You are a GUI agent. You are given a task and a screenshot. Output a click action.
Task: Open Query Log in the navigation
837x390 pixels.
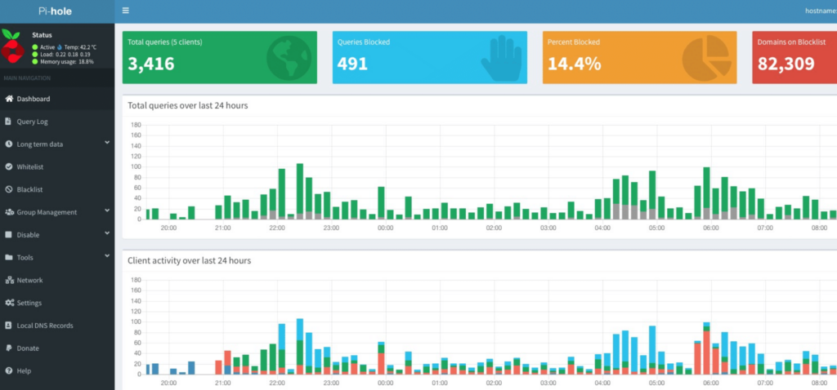click(33, 122)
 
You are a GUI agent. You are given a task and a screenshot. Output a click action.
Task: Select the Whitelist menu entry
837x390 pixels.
click(29, 166)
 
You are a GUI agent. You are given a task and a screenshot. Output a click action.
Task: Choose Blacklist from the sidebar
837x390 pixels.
click(29, 189)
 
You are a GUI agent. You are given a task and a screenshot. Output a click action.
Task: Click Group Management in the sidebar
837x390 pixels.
click(47, 212)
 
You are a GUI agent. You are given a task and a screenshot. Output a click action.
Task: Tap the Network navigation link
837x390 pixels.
click(29, 280)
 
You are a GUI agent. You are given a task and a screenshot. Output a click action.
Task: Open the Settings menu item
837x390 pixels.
click(29, 303)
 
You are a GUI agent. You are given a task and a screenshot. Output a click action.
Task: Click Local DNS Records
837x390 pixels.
click(44, 326)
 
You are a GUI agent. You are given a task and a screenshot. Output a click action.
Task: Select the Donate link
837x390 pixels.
click(27, 348)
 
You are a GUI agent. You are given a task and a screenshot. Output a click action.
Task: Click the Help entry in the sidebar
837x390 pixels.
click(24, 371)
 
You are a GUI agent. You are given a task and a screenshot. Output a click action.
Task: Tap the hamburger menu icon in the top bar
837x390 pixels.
click(125, 11)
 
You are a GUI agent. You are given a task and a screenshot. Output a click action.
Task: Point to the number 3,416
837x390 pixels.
click(151, 64)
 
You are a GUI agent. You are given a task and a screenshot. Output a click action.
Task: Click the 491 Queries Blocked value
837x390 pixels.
click(352, 64)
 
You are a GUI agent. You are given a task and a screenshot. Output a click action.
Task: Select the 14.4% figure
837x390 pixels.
click(574, 64)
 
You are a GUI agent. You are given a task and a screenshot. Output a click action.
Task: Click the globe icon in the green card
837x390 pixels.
click(289, 57)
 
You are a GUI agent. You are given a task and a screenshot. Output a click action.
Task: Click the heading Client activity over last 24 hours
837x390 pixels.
click(189, 260)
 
